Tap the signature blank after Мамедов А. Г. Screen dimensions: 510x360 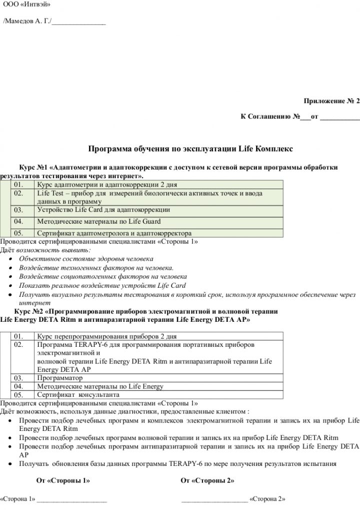[x=78, y=22]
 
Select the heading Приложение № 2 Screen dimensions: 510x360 [x=331, y=101]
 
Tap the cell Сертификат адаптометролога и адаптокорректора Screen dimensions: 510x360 [x=114, y=233]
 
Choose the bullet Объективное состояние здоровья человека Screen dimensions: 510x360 [x=86, y=259]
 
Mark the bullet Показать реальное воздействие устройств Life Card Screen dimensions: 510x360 [x=102, y=285]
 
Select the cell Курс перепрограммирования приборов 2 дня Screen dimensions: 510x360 [x=106, y=336]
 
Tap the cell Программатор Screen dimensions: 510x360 [x=60, y=378]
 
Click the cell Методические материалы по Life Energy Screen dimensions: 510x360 [x=100, y=386]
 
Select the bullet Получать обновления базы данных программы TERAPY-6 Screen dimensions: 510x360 [x=177, y=463]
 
